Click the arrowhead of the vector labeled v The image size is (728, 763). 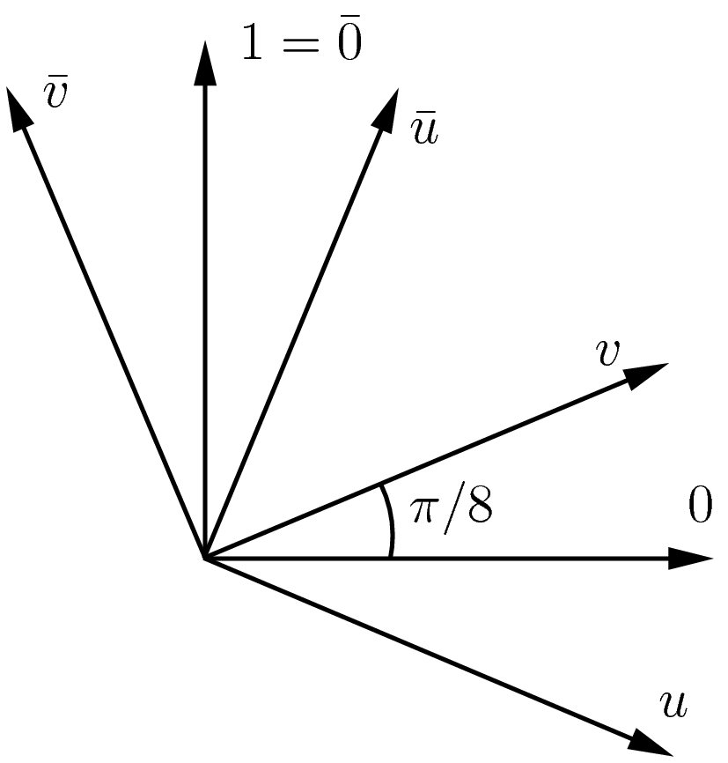coord(648,374)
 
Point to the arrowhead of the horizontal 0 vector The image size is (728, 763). coord(690,558)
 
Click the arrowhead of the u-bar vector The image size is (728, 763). coord(385,109)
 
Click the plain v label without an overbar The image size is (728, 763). coord(607,352)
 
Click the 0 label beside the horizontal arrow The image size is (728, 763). coord(699,508)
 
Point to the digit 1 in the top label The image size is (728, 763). coord(254,44)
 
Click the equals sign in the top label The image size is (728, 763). coord(298,46)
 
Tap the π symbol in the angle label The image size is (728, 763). coord(426,510)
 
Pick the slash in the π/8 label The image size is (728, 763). coord(451,508)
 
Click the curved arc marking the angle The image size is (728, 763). coord(388,520)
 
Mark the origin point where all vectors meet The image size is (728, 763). coord(205,558)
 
